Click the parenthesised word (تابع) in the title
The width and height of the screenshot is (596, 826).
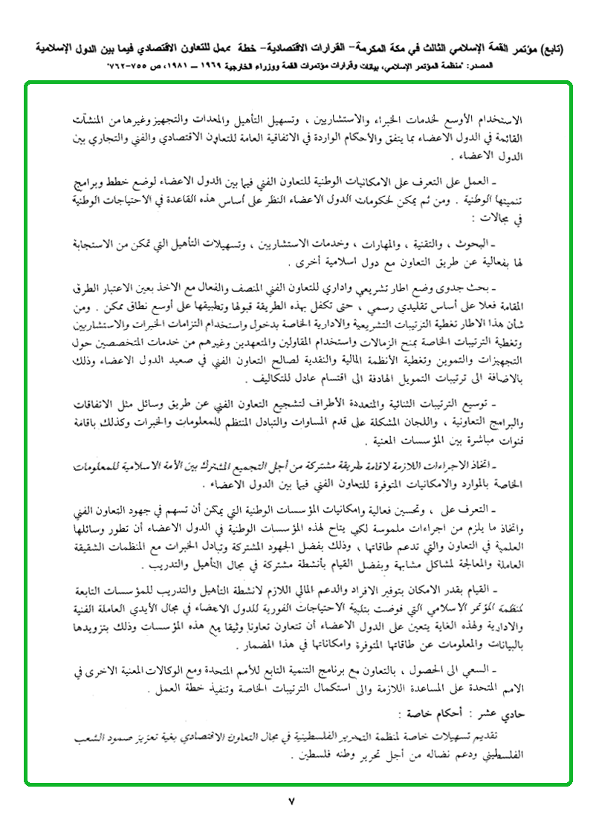(548, 49)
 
